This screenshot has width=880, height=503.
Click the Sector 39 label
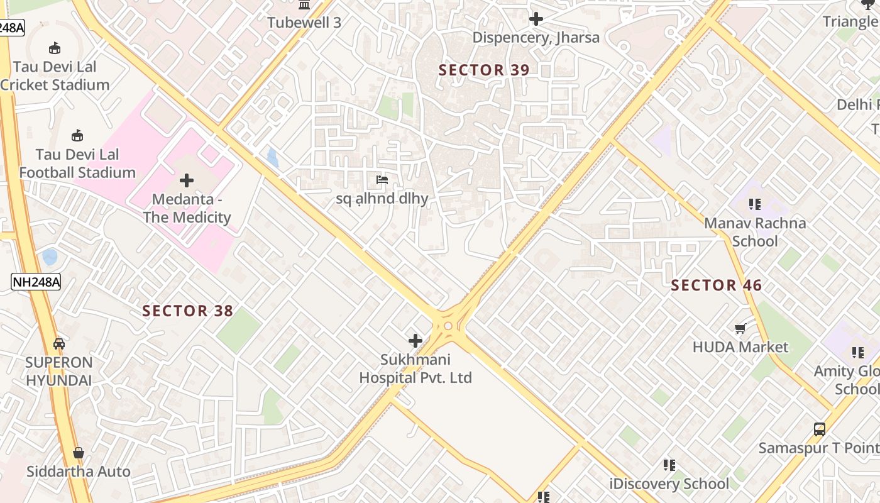pos(484,70)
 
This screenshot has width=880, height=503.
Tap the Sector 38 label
pos(187,311)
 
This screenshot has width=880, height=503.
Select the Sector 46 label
pos(716,285)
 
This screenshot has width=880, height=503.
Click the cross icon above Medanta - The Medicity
pos(187,181)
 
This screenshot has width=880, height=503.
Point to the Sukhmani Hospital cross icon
pos(415,341)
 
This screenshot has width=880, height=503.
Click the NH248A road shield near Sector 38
pos(36,282)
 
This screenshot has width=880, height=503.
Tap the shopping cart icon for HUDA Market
pos(740,328)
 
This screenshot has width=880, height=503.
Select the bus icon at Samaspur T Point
pos(820,429)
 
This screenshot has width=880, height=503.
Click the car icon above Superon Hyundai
pos(59,344)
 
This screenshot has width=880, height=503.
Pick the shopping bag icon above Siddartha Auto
pos(79,453)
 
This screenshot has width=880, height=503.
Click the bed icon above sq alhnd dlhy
pos(382,180)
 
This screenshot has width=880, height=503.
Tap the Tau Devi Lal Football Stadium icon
pos(77,135)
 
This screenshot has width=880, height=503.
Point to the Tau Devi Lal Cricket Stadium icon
pos(55,48)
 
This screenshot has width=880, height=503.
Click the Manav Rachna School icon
pos(755,204)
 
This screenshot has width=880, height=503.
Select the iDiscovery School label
pos(669,484)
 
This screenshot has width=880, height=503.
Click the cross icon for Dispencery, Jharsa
pos(536,19)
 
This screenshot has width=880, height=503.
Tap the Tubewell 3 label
pos(304,23)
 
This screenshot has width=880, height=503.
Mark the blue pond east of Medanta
pos(272,157)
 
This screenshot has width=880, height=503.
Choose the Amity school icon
pos(858,353)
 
